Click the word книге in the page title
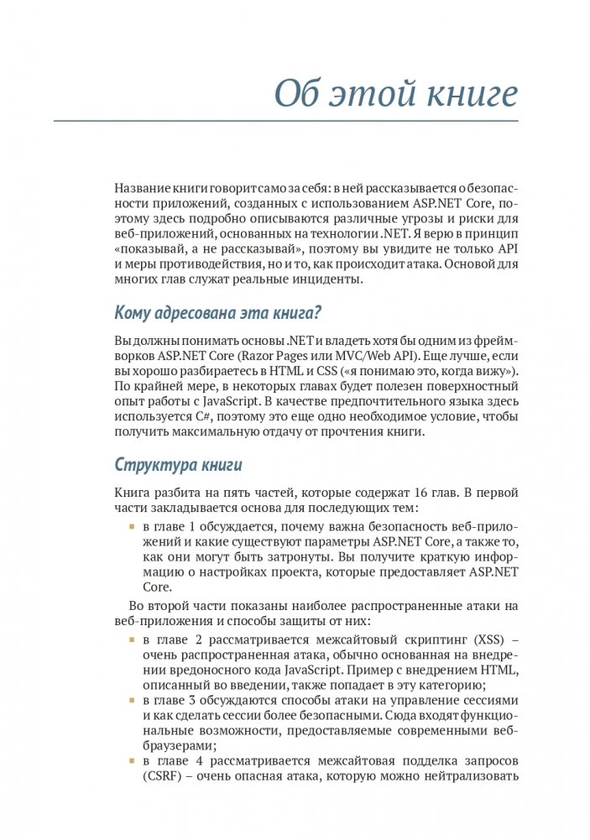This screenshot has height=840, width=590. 473,95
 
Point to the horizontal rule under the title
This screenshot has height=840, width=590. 286,122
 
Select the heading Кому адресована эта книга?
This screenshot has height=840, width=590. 218,315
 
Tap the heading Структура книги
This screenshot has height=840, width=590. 178,465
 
